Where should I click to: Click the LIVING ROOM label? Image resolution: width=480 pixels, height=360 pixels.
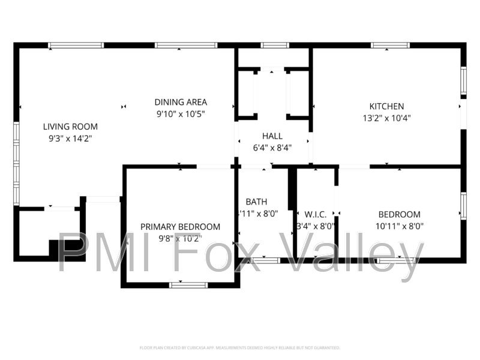tap(70, 127)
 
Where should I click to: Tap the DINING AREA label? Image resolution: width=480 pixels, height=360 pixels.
tap(181, 102)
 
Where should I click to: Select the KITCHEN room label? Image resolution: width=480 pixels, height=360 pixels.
tap(386, 106)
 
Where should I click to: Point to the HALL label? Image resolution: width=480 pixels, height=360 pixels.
tap(272, 136)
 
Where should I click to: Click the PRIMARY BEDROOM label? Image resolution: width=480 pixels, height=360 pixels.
tap(180, 227)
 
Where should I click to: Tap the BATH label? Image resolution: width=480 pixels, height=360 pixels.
tap(256, 202)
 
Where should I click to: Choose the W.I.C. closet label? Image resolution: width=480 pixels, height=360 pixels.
tap(316, 215)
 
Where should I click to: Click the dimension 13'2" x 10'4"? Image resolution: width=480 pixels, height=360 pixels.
tap(386, 118)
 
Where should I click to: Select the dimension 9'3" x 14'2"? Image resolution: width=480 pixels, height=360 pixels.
tap(70, 138)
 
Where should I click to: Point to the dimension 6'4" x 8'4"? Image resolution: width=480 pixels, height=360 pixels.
tap(272, 148)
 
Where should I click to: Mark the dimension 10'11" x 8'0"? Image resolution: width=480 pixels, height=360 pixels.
tap(399, 226)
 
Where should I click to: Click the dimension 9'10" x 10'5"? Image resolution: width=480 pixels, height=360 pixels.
tap(181, 114)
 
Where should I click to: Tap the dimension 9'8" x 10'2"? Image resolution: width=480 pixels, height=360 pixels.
tap(180, 238)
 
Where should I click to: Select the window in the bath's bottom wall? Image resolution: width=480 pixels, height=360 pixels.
tap(265, 260)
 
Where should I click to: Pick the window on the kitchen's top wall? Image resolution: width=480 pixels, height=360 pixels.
tap(391, 45)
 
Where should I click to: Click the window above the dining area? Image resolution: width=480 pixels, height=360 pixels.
tap(186, 45)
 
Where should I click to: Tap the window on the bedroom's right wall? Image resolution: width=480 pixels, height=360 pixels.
tap(463, 205)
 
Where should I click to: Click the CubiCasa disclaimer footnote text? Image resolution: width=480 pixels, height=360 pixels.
tap(240, 347)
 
